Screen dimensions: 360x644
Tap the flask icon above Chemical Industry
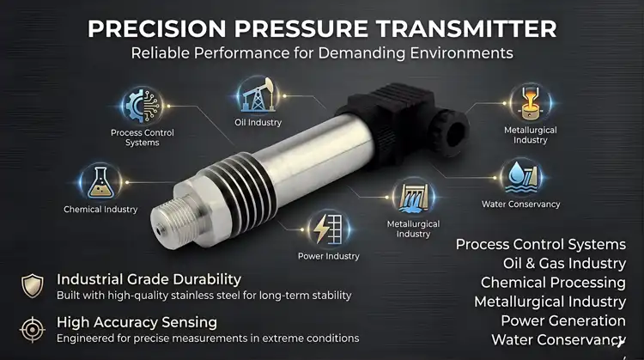(100, 181)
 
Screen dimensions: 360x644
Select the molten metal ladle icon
(525, 101)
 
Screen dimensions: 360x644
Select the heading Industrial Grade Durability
(149, 279)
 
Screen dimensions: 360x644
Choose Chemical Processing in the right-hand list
(553, 283)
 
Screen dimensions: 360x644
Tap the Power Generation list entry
(562, 320)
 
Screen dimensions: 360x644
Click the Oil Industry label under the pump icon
(257, 123)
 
